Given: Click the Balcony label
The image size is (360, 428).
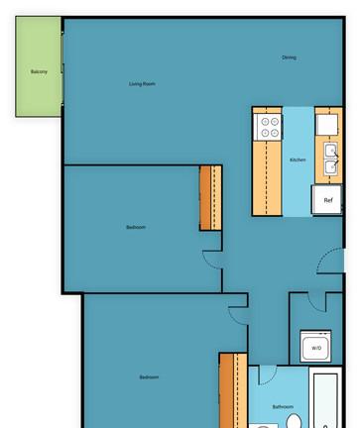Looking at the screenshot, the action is pyautogui.click(x=39, y=71).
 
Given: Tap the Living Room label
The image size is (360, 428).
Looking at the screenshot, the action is pyautogui.click(x=142, y=84).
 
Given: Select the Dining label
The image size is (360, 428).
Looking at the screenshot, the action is pyautogui.click(x=289, y=57).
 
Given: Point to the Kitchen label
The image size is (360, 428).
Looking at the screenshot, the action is pyautogui.click(x=298, y=160).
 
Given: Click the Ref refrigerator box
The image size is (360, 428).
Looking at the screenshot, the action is pyautogui.click(x=327, y=200).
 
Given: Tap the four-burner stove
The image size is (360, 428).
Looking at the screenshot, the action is pyautogui.click(x=268, y=127).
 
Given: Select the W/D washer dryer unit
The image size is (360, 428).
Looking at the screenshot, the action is pyautogui.click(x=315, y=346).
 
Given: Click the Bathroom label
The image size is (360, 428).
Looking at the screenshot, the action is pyautogui.click(x=283, y=406).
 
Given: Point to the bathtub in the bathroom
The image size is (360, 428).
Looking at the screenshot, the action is pyautogui.click(x=325, y=400).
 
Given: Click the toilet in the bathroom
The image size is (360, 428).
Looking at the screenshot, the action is pyautogui.click(x=294, y=421).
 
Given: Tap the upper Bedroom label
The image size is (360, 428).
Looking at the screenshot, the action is pyautogui.click(x=136, y=227).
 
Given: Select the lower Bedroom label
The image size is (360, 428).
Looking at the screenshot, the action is pyautogui.click(x=149, y=377).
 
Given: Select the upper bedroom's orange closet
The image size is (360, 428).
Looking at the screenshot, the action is pyautogui.click(x=210, y=198).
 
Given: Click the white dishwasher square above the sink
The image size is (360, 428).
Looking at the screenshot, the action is pyautogui.click(x=327, y=125).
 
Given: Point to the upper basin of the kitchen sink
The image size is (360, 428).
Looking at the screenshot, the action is pyautogui.click(x=330, y=151).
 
